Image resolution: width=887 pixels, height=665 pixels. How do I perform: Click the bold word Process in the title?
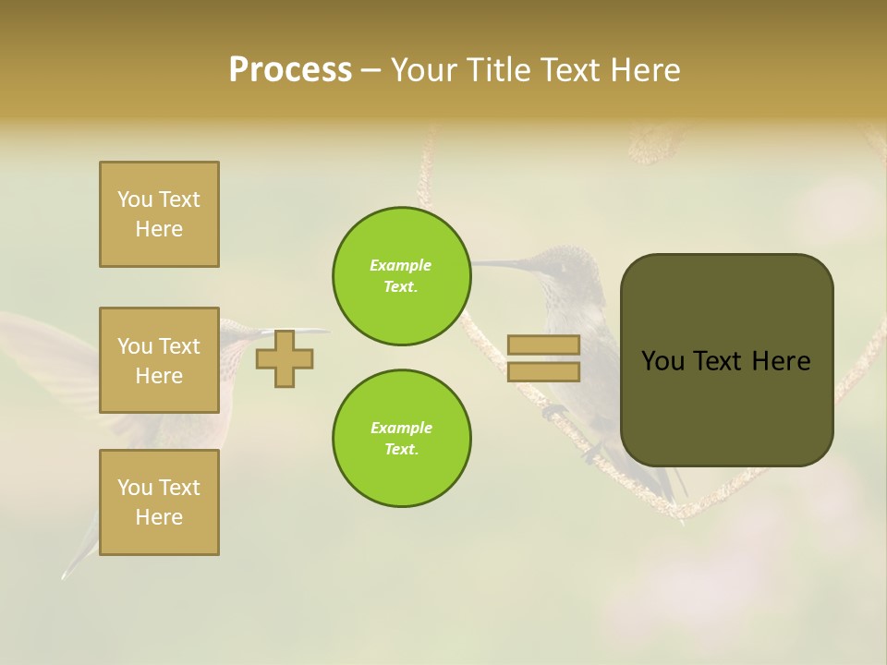click(290, 70)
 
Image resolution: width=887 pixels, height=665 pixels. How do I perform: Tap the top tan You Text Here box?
click(159, 214)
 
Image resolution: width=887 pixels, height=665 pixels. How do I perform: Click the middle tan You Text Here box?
click(159, 360)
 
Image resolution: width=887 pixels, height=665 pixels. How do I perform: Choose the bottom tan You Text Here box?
click(159, 502)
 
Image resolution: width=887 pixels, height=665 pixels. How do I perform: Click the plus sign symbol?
click(285, 358)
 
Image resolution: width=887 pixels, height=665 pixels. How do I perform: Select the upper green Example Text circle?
click(401, 276)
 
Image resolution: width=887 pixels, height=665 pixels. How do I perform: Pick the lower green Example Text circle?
click(401, 439)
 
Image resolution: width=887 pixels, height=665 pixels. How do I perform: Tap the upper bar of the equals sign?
click(543, 345)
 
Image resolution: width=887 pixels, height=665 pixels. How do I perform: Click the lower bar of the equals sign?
click(543, 371)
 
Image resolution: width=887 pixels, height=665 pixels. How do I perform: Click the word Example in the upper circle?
click(401, 266)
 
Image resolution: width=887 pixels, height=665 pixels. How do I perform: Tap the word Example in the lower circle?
click(401, 429)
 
